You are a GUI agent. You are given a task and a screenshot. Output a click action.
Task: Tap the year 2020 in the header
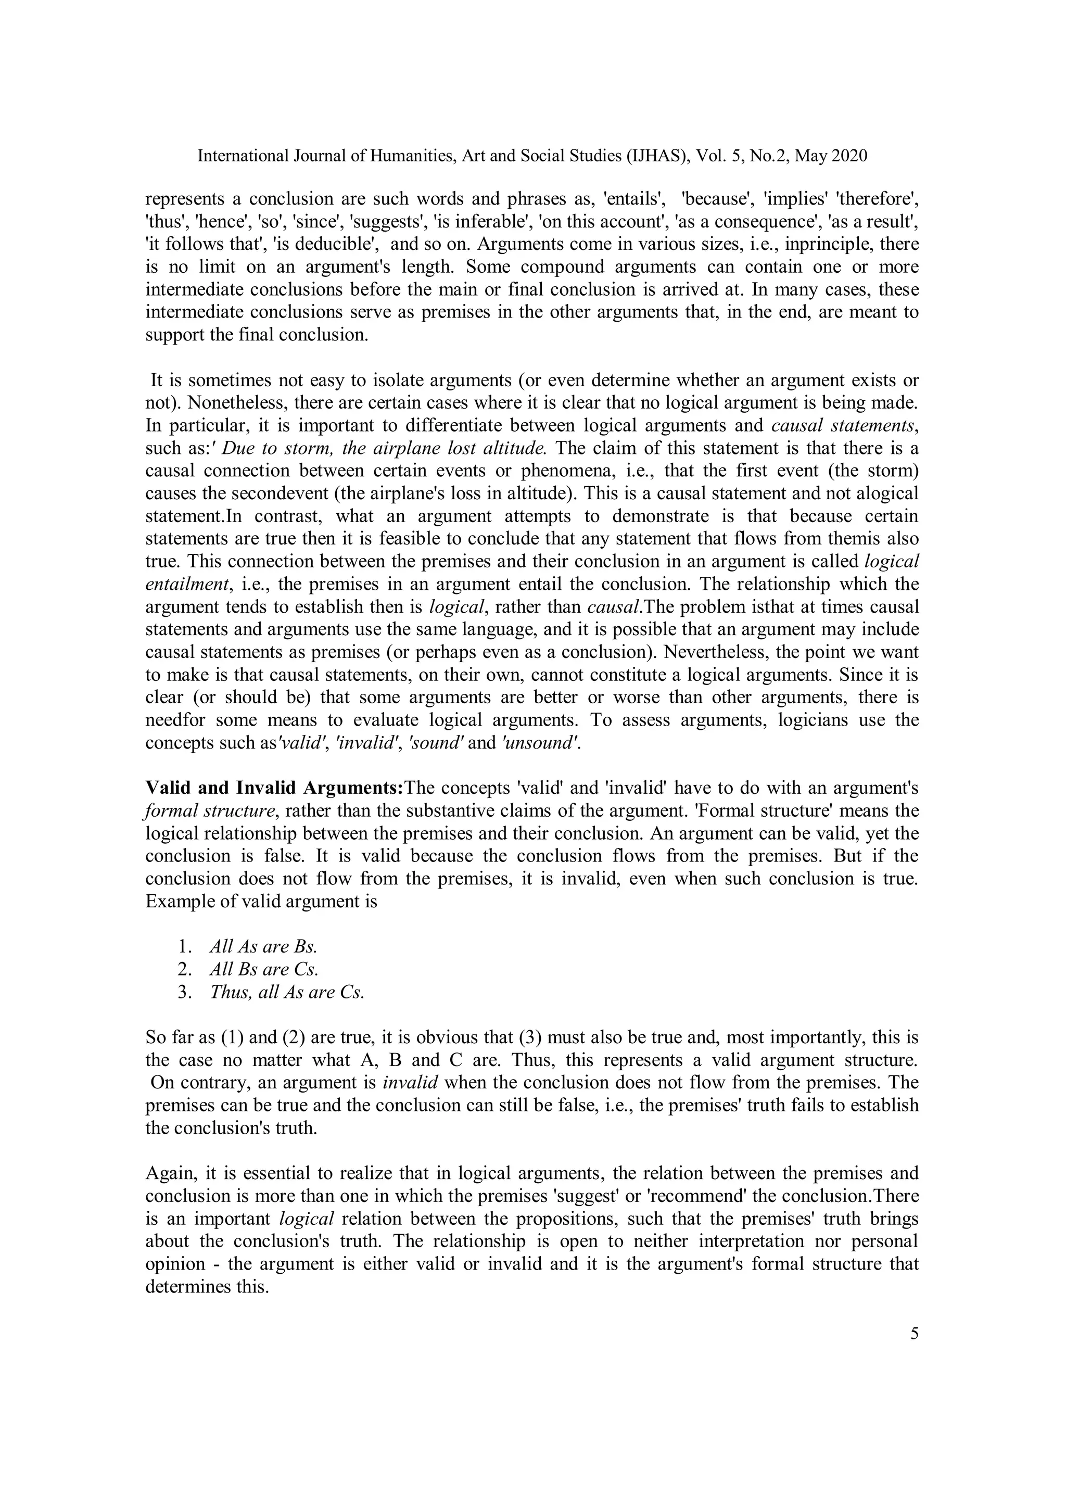(x=848, y=156)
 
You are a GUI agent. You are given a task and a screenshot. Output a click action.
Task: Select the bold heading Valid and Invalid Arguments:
(x=274, y=788)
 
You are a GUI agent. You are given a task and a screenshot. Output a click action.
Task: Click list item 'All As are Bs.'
(x=263, y=946)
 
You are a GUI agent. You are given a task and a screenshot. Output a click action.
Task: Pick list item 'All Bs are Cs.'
(x=264, y=969)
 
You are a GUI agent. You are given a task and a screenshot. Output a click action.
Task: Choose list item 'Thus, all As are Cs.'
(x=286, y=992)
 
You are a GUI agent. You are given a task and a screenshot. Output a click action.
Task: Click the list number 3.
(x=183, y=992)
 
